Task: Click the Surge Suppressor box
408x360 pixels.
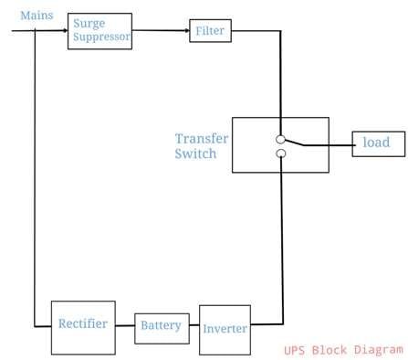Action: [99, 32]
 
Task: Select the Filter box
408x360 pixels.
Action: [210, 32]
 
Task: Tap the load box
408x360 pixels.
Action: [379, 143]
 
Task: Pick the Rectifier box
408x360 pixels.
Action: [83, 326]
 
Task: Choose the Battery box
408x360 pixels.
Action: [161, 327]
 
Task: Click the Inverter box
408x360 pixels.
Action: [225, 329]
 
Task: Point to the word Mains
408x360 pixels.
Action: [37, 16]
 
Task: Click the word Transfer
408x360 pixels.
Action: [202, 139]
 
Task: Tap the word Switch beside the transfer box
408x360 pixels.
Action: [195, 154]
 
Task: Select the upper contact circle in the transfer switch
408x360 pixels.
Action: [281, 139]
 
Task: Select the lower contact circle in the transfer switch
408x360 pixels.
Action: [281, 154]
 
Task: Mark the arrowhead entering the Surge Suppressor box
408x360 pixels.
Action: [64, 30]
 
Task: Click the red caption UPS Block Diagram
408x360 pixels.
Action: [341, 349]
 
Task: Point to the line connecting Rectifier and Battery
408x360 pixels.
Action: [126, 326]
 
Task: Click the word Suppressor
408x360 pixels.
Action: [103, 38]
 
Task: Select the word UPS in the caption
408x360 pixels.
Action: [294, 349]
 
